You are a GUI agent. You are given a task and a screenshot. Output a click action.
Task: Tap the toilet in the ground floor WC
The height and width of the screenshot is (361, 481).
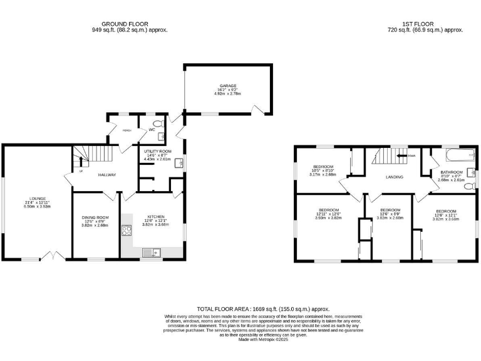(157, 123)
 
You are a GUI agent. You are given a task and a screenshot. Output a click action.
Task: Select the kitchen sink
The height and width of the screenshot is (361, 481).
(152, 253)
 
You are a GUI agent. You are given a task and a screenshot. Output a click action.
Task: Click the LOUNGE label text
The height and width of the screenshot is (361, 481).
(34, 201)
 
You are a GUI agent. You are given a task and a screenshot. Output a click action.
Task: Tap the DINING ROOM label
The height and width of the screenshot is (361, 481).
(95, 217)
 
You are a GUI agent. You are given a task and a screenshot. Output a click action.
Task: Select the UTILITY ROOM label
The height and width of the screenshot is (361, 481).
(157, 152)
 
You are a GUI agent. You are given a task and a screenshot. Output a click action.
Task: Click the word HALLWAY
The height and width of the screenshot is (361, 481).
(107, 174)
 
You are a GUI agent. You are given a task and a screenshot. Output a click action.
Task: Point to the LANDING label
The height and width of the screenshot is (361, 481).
(395, 177)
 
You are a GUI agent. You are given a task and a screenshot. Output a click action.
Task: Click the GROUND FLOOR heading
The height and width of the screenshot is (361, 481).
(130, 24)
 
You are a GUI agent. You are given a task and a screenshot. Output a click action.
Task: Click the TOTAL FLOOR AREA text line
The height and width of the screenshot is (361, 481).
(263, 308)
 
